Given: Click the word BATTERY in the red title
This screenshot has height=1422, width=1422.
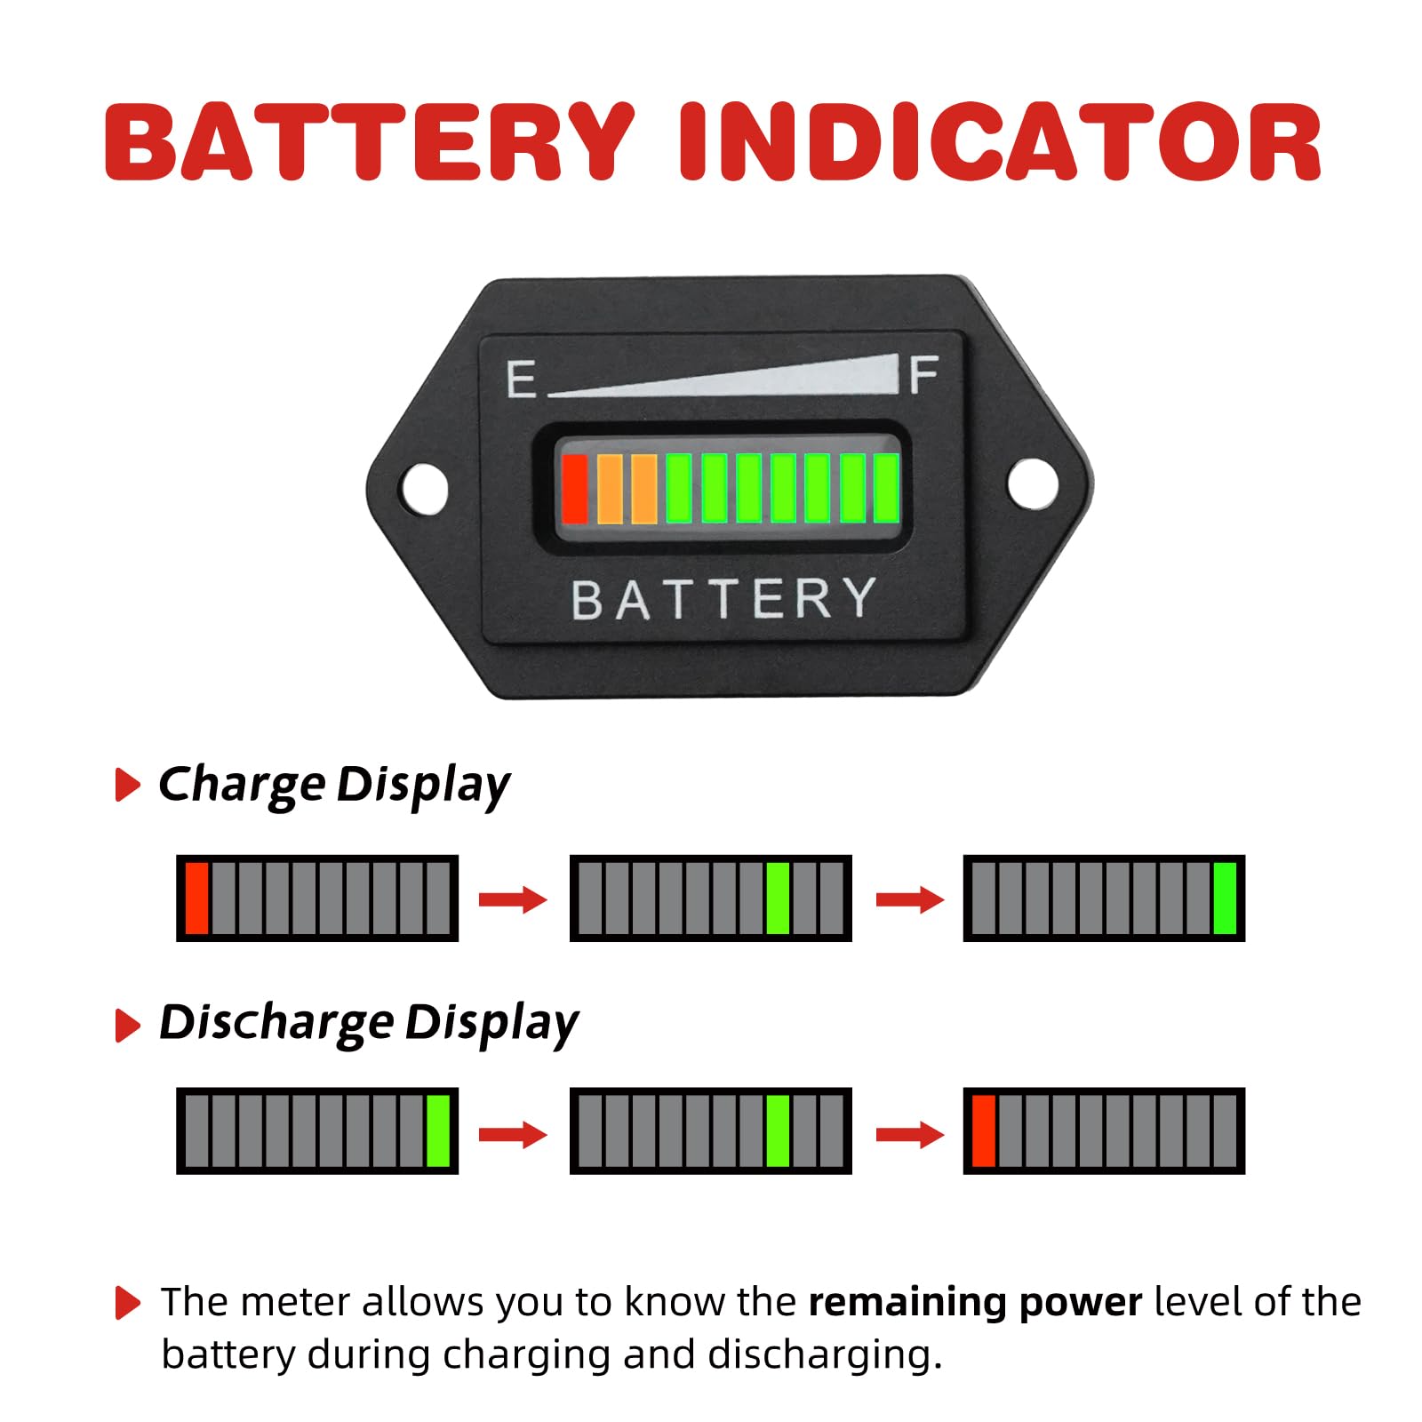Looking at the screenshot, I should click(369, 142).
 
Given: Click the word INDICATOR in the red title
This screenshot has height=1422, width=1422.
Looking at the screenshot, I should click(1000, 142).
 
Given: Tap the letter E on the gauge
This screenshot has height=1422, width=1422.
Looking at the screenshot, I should click(521, 379).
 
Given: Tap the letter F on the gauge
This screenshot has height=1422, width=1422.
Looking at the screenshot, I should click(923, 375).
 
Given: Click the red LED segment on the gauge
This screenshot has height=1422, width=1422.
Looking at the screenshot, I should click(574, 488).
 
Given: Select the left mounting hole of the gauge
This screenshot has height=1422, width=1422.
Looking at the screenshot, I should click(425, 487).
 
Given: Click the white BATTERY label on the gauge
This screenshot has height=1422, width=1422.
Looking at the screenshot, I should click(723, 599).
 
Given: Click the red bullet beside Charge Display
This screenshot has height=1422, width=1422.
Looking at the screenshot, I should click(128, 785).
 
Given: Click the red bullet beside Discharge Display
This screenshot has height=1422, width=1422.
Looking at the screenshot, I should click(128, 1025).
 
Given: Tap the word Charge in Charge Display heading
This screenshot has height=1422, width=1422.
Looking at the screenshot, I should click(242, 785).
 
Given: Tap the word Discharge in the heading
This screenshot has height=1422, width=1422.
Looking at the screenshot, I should click(276, 1022).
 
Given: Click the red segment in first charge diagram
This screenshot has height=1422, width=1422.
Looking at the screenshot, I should click(196, 898).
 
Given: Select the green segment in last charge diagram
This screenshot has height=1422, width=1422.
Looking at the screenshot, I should click(1224, 898).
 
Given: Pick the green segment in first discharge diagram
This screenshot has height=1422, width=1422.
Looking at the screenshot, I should click(437, 1130).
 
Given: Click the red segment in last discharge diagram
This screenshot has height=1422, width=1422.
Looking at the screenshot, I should click(983, 1130).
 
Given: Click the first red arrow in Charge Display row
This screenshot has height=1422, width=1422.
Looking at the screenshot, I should click(513, 899).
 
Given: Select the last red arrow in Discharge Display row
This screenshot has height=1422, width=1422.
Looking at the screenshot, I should click(909, 1134).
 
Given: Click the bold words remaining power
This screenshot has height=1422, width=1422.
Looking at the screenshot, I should click(975, 1302).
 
